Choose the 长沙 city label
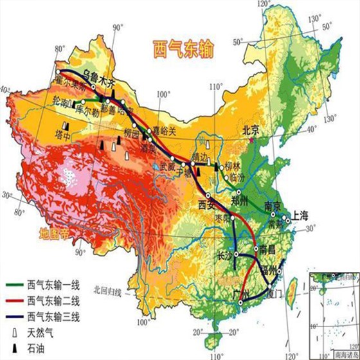pyautogui.click(x=225, y=256)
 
